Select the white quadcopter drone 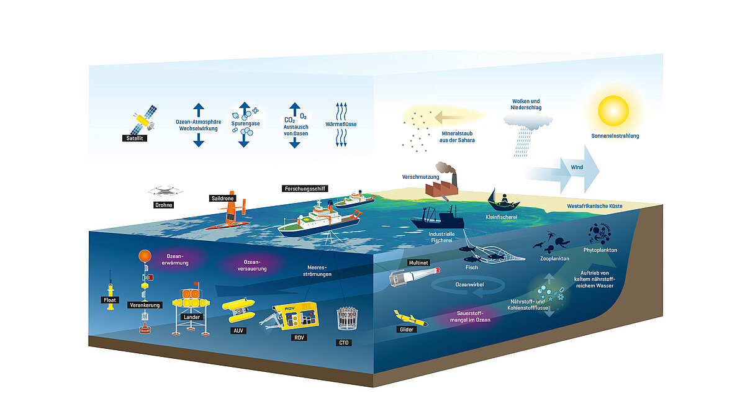(163, 192)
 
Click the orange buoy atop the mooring (144, 256)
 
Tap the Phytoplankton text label (599, 250)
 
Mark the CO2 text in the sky (289, 120)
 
